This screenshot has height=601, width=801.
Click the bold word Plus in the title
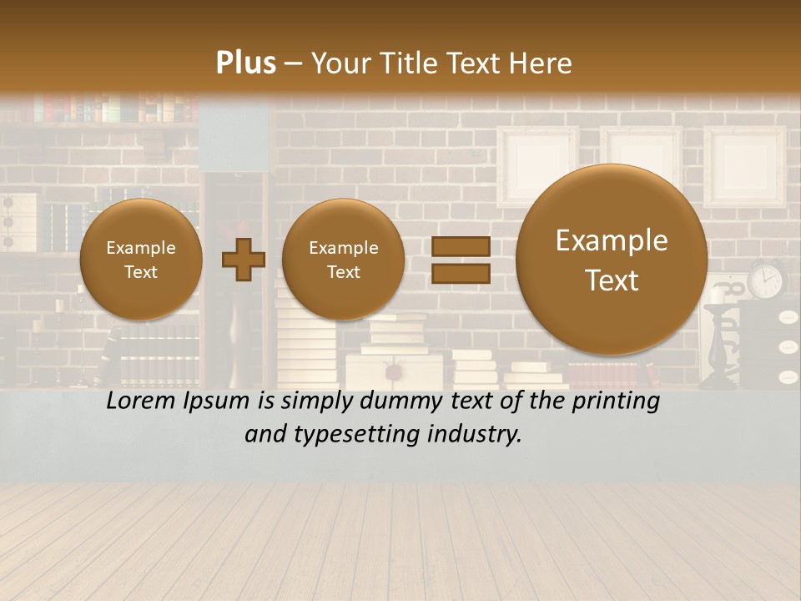click(246, 63)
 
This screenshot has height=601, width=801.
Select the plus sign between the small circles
click(244, 259)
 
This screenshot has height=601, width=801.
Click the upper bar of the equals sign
click(461, 246)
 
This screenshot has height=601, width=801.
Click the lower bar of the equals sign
click(461, 273)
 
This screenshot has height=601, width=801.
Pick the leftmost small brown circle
click(141, 260)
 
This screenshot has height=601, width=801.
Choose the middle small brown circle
click(343, 260)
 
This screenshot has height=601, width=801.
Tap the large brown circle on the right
click(612, 259)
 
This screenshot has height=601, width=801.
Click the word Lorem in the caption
click(141, 401)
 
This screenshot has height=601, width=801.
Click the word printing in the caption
click(616, 401)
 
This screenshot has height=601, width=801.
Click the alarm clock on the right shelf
click(766, 280)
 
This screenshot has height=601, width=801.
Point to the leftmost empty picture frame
click(537, 165)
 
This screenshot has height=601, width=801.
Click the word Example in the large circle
click(612, 240)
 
